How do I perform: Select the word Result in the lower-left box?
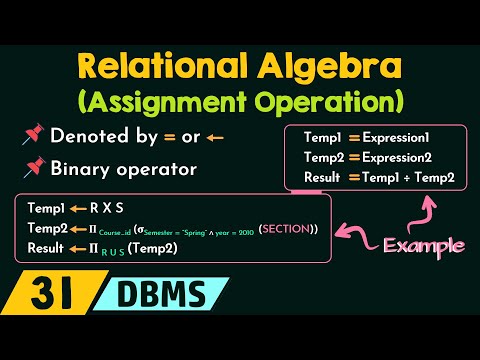[x=46, y=246]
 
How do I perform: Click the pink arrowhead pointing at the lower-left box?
[x=342, y=229]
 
